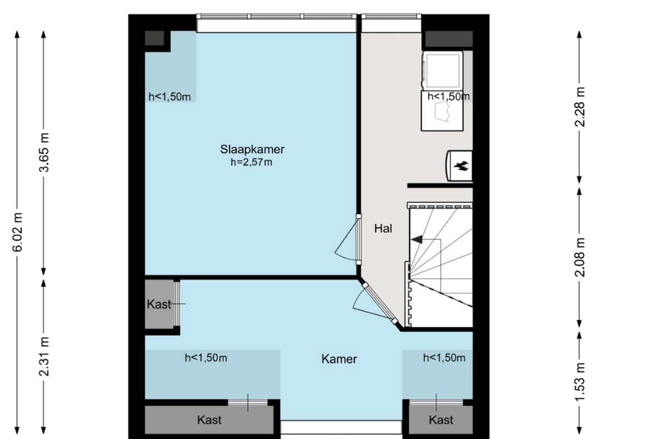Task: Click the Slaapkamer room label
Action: click(x=252, y=149)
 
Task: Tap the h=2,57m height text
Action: click(x=252, y=162)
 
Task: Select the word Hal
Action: click(x=383, y=228)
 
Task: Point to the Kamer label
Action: click(x=339, y=359)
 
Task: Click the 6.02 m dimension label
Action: click(x=18, y=232)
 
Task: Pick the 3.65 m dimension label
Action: click(x=44, y=152)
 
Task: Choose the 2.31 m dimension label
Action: click(x=44, y=357)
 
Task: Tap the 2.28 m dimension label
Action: click(x=580, y=107)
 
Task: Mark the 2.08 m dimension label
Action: click(x=580, y=257)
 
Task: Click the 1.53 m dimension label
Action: click(x=580, y=381)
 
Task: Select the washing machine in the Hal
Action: click(x=443, y=71)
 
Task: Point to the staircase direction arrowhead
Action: click(x=417, y=240)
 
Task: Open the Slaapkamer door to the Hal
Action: click(x=358, y=239)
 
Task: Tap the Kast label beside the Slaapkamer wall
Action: click(x=159, y=305)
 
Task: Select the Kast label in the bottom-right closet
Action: click(x=440, y=420)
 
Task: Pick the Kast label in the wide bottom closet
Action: click(x=209, y=420)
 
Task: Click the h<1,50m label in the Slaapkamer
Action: click(x=170, y=97)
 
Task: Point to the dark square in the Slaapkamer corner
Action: click(x=154, y=38)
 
